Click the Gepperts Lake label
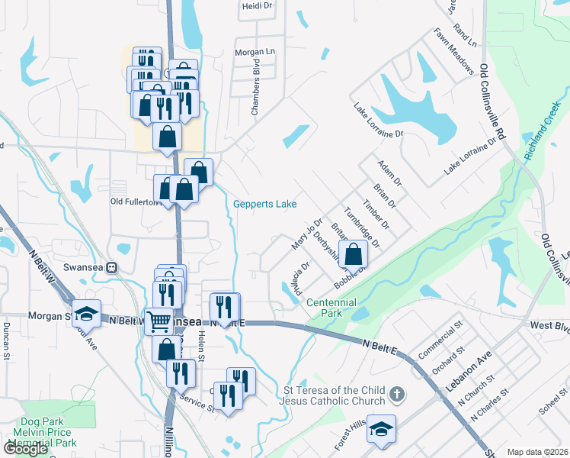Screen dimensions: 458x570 (x=264, y=204)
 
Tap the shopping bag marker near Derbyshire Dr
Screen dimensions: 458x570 (x=354, y=254)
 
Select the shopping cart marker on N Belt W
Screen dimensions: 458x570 (x=158, y=321)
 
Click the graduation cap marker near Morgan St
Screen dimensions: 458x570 (x=87, y=312)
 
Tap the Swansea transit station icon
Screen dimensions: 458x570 (x=112, y=268)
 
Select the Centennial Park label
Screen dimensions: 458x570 (x=331, y=308)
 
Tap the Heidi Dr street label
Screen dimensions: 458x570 (x=257, y=5)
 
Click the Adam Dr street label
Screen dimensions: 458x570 (x=388, y=173)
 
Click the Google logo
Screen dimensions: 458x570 (x=27, y=448)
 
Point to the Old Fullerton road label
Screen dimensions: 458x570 (x=136, y=202)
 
